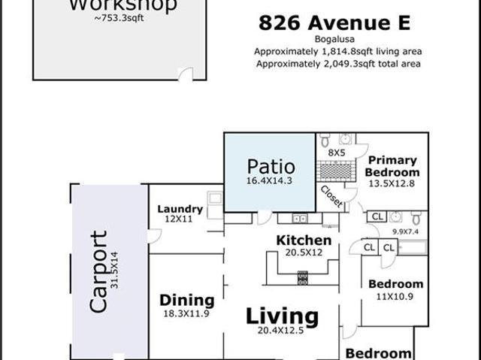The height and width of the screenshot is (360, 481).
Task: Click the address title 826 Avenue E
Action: coord(334,23)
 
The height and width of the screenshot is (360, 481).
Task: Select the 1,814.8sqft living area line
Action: coord(338,52)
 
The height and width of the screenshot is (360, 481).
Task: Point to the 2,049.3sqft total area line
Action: coord(338,64)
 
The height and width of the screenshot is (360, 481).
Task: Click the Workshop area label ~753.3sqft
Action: coord(119,18)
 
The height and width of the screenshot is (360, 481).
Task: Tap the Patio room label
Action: coord(271,167)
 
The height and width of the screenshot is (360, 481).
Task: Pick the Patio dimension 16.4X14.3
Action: coord(269,181)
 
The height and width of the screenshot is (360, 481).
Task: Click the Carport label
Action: coord(98,271)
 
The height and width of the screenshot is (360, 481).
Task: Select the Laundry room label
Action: coord(180,209)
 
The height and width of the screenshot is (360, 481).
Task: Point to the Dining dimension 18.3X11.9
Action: coord(186,313)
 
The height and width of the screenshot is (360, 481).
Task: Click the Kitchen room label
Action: coord(304,241)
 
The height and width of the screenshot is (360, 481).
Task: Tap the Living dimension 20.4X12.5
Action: coord(280,330)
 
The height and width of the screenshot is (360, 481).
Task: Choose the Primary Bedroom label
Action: coord(392,166)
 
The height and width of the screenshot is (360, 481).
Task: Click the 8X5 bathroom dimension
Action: coord(337,153)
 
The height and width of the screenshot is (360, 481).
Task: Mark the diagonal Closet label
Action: coord(331,197)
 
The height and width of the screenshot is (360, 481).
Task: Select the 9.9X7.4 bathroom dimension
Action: coord(405,231)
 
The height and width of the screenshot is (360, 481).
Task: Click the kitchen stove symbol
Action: coord(302,278)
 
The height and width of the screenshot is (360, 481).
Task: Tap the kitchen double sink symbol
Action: coord(300,219)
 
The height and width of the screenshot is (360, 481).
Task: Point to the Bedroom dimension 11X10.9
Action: coord(395,297)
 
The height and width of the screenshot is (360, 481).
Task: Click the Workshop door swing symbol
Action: coord(186,74)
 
